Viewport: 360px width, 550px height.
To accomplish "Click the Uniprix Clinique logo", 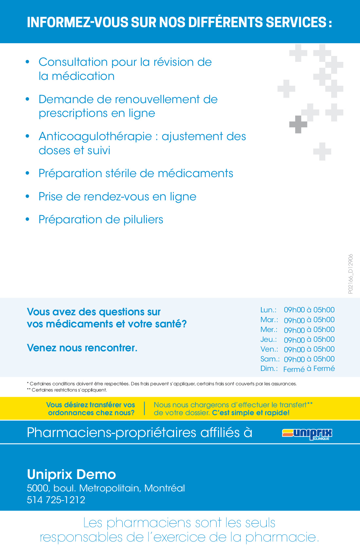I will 307,434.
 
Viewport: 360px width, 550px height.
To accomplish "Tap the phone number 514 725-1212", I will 56,500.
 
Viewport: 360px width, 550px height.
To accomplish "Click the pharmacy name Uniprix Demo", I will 71,474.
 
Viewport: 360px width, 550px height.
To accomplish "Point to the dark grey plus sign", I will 298,124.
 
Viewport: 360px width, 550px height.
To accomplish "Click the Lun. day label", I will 268,310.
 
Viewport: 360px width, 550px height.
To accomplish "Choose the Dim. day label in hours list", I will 269,369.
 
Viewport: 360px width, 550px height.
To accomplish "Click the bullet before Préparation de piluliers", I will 28,219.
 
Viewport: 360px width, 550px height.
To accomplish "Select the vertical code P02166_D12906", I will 351,274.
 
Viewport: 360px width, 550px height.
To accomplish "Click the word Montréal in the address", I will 165,488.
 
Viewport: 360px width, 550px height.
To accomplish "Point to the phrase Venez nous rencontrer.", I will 82,348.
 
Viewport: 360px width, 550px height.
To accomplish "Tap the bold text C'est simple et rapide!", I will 251,413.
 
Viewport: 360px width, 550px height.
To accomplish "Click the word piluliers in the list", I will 143,220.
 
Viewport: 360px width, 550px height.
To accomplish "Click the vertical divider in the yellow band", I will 144,409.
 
